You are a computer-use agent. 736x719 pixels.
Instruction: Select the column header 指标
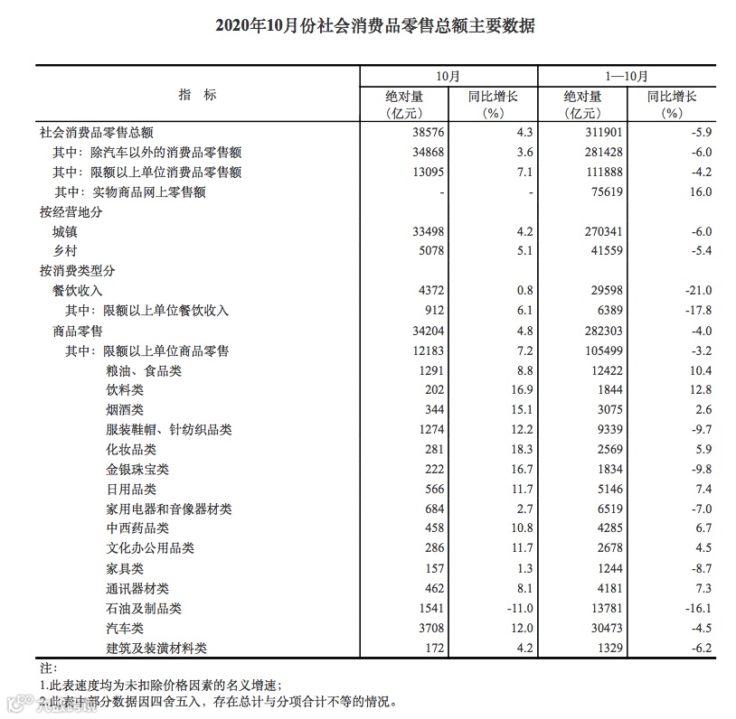[x=197, y=95]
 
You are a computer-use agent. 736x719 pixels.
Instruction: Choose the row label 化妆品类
[x=131, y=450]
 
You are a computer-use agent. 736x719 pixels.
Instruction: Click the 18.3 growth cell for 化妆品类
[x=519, y=450]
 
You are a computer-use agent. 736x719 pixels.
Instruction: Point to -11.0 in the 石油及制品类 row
[x=516, y=609]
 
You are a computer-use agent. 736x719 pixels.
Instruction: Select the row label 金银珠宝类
[x=137, y=470]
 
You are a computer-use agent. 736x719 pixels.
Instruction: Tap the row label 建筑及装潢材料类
[x=156, y=649]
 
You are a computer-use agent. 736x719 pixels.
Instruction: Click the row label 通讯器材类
[x=137, y=589]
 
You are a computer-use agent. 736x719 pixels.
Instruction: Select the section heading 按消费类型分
[x=78, y=271]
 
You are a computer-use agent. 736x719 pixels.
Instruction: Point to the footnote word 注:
[x=48, y=669]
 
